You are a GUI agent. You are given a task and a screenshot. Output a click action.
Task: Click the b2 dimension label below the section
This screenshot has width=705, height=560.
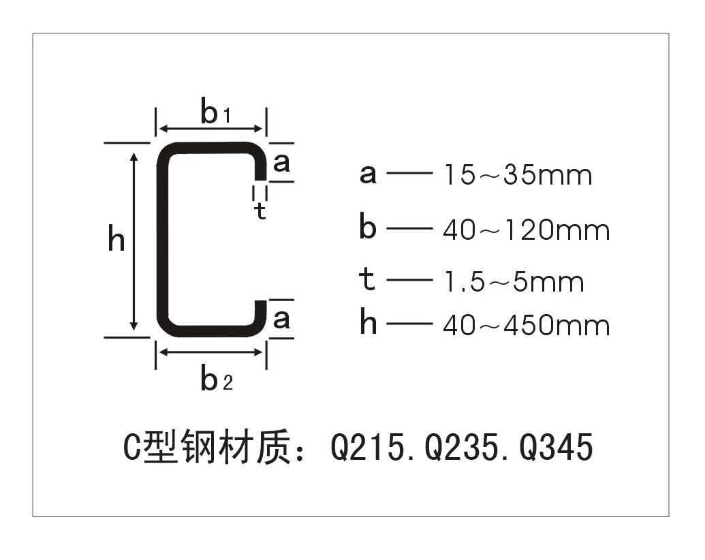[217, 379]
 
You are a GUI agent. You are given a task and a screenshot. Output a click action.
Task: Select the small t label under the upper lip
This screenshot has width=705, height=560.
[260, 211]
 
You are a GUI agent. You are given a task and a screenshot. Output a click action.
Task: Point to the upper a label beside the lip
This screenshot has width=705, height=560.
[281, 163]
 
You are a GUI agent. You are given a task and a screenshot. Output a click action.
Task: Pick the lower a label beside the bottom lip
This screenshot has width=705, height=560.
[281, 320]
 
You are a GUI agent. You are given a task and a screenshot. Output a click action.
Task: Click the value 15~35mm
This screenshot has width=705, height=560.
[518, 174]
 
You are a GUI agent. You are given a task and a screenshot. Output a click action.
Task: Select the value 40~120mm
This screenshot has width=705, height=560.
[526, 230]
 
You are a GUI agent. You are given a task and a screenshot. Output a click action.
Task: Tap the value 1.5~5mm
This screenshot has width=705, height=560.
[514, 282]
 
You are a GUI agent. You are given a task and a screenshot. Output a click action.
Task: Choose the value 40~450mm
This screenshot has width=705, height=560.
[526, 325]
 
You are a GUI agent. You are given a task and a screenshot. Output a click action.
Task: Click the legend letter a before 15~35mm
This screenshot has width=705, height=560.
[368, 174]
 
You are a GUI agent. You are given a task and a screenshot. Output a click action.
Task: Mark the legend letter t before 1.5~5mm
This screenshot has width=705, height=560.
[367, 279]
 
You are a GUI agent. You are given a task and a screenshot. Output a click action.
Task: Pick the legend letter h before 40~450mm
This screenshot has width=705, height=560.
[369, 322]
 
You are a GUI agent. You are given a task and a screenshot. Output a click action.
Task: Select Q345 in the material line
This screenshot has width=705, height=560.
[557, 447]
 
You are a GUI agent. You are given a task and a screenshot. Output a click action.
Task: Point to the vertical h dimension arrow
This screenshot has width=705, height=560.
[134, 241]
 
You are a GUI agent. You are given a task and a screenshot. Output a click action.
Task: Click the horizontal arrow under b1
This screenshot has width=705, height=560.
[211, 128]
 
